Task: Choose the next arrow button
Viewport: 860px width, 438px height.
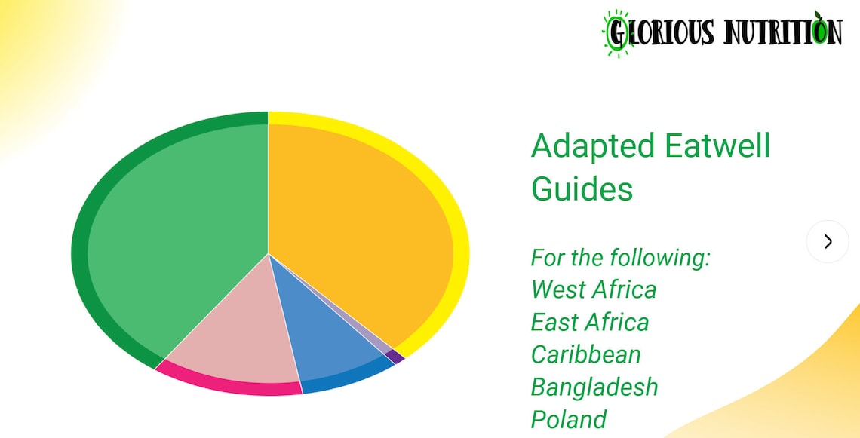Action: [x=828, y=241]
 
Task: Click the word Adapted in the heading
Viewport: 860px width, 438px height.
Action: [x=588, y=145]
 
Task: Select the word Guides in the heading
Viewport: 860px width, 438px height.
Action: [x=582, y=188]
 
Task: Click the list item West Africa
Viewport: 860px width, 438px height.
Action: [x=594, y=289]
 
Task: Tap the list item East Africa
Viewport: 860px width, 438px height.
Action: [x=590, y=322]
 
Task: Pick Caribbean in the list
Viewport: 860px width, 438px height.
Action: [x=586, y=354]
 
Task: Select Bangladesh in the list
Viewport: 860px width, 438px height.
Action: [x=594, y=387]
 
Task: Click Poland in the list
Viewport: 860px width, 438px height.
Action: [x=569, y=419]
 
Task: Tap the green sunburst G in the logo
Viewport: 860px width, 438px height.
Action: [x=618, y=33]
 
